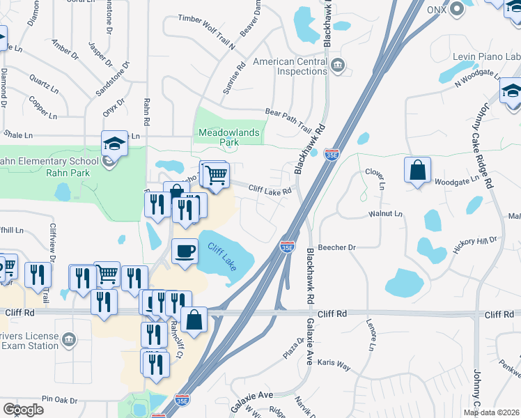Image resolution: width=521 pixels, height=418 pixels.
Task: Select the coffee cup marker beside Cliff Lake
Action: click(x=185, y=250)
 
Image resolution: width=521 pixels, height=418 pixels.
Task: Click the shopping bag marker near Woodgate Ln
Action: click(x=417, y=171)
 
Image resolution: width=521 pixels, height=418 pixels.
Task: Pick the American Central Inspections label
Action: click(x=290, y=66)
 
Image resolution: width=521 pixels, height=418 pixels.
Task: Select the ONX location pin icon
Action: click(x=457, y=9)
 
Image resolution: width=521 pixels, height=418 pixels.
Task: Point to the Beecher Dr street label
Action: click(x=337, y=247)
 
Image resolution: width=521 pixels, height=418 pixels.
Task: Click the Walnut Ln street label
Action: click(x=387, y=214)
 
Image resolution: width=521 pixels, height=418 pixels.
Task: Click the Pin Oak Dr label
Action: click(x=59, y=400)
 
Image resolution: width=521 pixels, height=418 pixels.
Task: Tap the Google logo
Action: click(x=23, y=410)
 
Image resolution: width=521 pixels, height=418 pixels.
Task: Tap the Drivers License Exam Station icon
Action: click(x=68, y=340)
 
